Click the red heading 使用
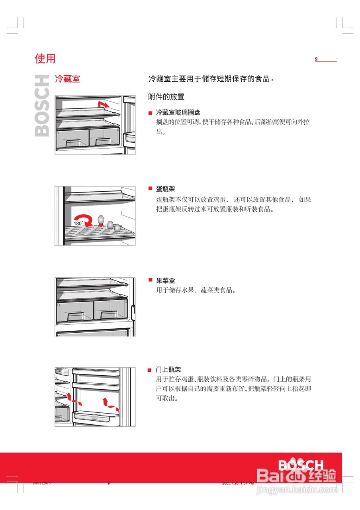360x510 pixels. point(45,59)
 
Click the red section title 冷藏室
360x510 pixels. point(67,79)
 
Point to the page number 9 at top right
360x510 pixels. point(317,59)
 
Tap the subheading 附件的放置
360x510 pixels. point(166,97)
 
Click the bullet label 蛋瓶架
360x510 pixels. point(165,189)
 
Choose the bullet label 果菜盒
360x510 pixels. point(165,281)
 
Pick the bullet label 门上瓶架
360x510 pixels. point(168,370)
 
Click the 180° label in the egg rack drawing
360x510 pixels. point(78,224)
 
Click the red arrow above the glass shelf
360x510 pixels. point(103,104)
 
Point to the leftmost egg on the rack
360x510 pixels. point(101,220)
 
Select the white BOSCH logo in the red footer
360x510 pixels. point(301,465)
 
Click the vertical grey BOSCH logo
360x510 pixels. point(42,106)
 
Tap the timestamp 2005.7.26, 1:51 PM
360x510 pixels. point(238,483)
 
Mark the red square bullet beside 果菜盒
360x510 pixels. point(150,280)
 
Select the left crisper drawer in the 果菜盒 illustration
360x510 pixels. point(76,311)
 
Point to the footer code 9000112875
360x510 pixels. point(41,483)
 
